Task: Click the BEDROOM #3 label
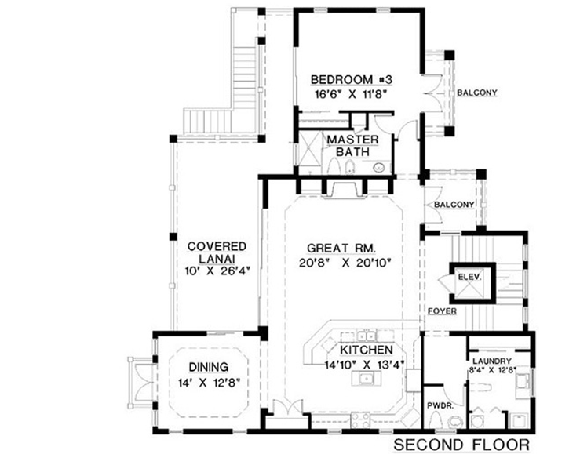351,79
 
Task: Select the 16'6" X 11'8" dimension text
351,93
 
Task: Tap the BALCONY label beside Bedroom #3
477,93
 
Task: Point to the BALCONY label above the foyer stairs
454,205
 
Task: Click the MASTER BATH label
353,145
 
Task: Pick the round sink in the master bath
378,167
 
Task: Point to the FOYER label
441,311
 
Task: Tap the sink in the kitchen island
366,379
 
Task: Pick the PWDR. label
438,406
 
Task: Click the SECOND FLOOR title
461,444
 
